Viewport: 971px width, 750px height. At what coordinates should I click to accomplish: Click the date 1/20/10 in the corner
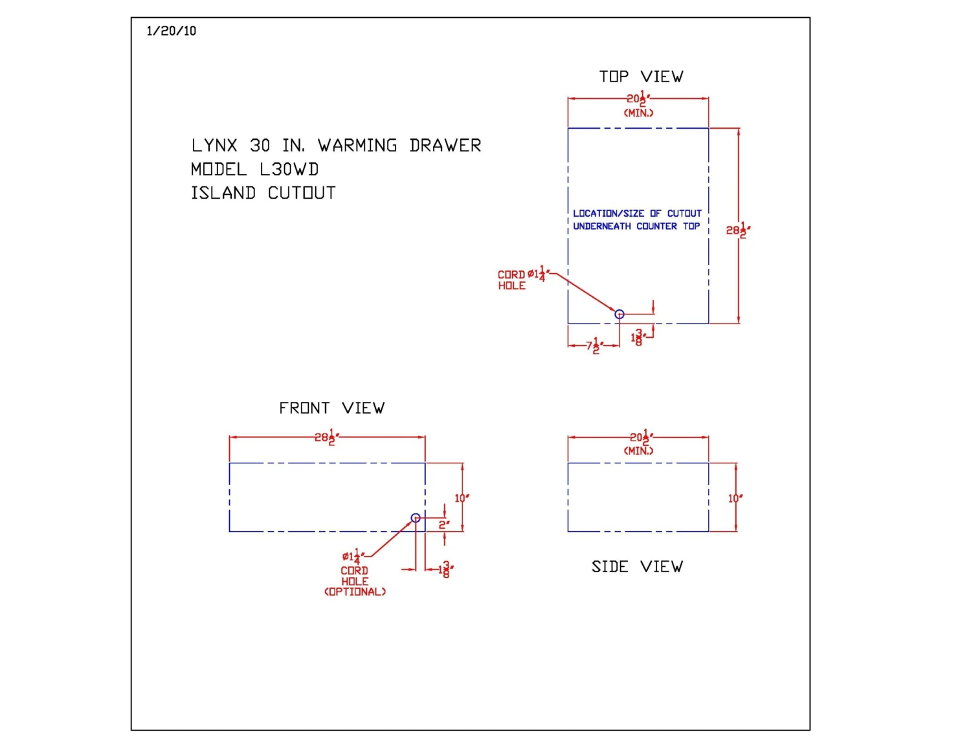point(171,31)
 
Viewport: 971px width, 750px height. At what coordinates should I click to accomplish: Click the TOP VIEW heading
point(641,77)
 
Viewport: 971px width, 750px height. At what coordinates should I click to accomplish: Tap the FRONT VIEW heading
point(331,408)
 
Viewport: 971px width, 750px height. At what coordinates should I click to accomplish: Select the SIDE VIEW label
point(637,567)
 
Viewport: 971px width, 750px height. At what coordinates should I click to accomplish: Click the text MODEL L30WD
point(254,170)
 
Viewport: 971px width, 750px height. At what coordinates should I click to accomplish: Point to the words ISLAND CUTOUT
point(263,193)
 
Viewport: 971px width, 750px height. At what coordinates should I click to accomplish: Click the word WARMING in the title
point(357,146)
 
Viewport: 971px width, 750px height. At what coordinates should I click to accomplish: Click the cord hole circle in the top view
point(619,314)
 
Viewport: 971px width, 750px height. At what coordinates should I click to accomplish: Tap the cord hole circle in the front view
point(416,518)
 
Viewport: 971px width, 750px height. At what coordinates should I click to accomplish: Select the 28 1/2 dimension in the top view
point(737,230)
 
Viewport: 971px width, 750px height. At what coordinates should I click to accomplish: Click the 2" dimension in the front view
point(444,525)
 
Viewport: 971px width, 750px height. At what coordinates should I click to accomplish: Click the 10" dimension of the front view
point(461,498)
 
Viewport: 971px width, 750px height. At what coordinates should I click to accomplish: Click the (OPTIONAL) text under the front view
point(355,592)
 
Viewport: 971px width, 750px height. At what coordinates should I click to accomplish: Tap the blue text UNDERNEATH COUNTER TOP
point(636,226)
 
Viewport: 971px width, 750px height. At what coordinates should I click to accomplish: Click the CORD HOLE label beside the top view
point(511,280)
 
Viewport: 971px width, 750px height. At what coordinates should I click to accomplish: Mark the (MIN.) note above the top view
point(638,113)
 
